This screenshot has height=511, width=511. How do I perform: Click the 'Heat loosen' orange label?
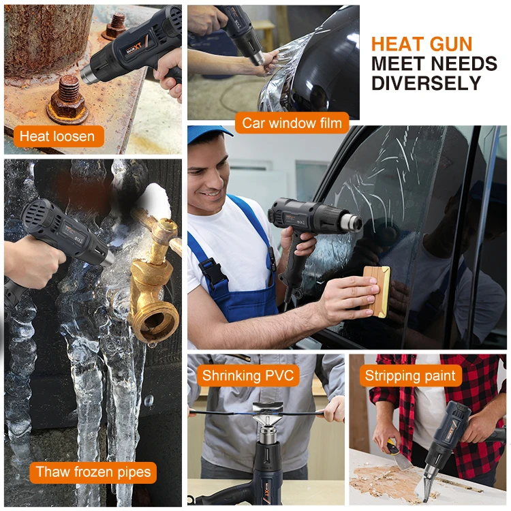point(57,136)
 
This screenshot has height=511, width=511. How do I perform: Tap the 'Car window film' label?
point(292,123)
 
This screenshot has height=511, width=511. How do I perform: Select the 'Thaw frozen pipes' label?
point(93,471)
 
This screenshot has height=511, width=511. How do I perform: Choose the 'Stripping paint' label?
point(410,375)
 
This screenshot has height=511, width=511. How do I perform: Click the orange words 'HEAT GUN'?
point(422,45)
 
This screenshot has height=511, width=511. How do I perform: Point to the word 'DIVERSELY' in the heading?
point(426,83)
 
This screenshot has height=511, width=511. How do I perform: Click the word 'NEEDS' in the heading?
point(465,64)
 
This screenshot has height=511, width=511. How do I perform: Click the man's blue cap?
point(207,134)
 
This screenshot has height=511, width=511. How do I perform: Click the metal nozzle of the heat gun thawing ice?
point(106,258)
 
